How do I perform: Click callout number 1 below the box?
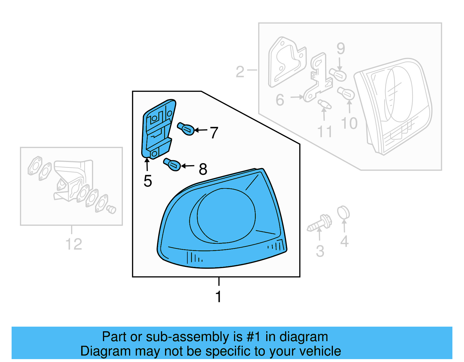pyautogui.click(x=219, y=297)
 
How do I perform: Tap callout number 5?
pyautogui.click(x=148, y=181)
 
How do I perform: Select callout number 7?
pyautogui.click(x=214, y=133)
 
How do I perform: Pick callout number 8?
pyautogui.click(x=203, y=169)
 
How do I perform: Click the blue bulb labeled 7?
pyautogui.click(x=186, y=129)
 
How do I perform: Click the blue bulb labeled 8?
pyautogui.click(x=173, y=165)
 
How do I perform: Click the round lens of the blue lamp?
pyautogui.click(x=226, y=215)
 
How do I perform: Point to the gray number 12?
pyautogui.click(x=74, y=244)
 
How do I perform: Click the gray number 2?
pyautogui.click(x=240, y=72)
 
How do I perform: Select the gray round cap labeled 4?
pyautogui.click(x=343, y=213)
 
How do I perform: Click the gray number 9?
pyautogui.click(x=341, y=48)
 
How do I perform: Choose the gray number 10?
pyautogui.click(x=349, y=123)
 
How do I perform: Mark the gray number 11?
pyautogui.click(x=325, y=132)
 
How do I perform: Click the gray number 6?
pyautogui.click(x=280, y=100)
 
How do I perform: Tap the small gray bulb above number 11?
pyautogui.click(x=324, y=104)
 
